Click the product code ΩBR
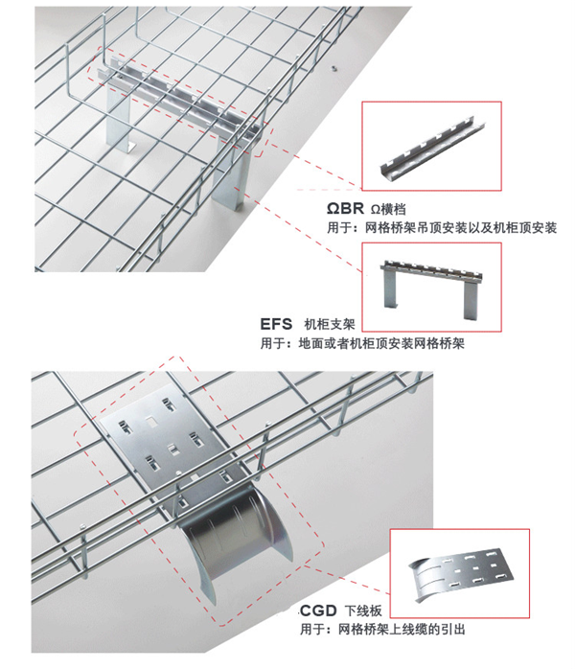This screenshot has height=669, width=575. coord(345,208)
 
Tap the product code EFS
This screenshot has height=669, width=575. coord(276,324)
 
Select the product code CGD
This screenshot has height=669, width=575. coord(318,611)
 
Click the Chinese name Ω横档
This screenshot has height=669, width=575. coord(388,209)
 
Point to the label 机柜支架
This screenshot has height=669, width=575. coord(329,324)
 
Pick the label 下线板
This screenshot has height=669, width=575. coord(363,611)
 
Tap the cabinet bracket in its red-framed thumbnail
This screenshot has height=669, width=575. coord(431,288)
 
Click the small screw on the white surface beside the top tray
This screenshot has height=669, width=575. coord(333,67)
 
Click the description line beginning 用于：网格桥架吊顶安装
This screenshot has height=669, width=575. coord(442,227)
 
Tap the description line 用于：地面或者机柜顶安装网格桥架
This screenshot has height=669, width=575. coord(362,343)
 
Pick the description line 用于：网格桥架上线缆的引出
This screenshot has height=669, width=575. coord(382,630)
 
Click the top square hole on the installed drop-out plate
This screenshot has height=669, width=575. coord(150,423)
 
